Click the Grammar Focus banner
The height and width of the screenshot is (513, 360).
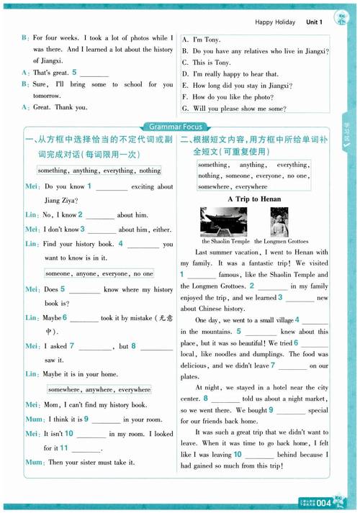point(179,127)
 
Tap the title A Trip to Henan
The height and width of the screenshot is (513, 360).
point(254,199)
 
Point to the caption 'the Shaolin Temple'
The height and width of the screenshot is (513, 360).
point(225,242)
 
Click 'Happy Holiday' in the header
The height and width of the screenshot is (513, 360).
point(275,22)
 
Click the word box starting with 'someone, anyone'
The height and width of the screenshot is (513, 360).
point(99,273)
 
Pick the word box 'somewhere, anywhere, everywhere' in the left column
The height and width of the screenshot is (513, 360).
point(99,389)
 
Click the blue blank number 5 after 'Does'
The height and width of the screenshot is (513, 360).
point(63,289)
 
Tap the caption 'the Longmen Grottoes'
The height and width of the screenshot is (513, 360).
point(280,242)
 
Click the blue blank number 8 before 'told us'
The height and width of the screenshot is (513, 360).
point(205,398)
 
